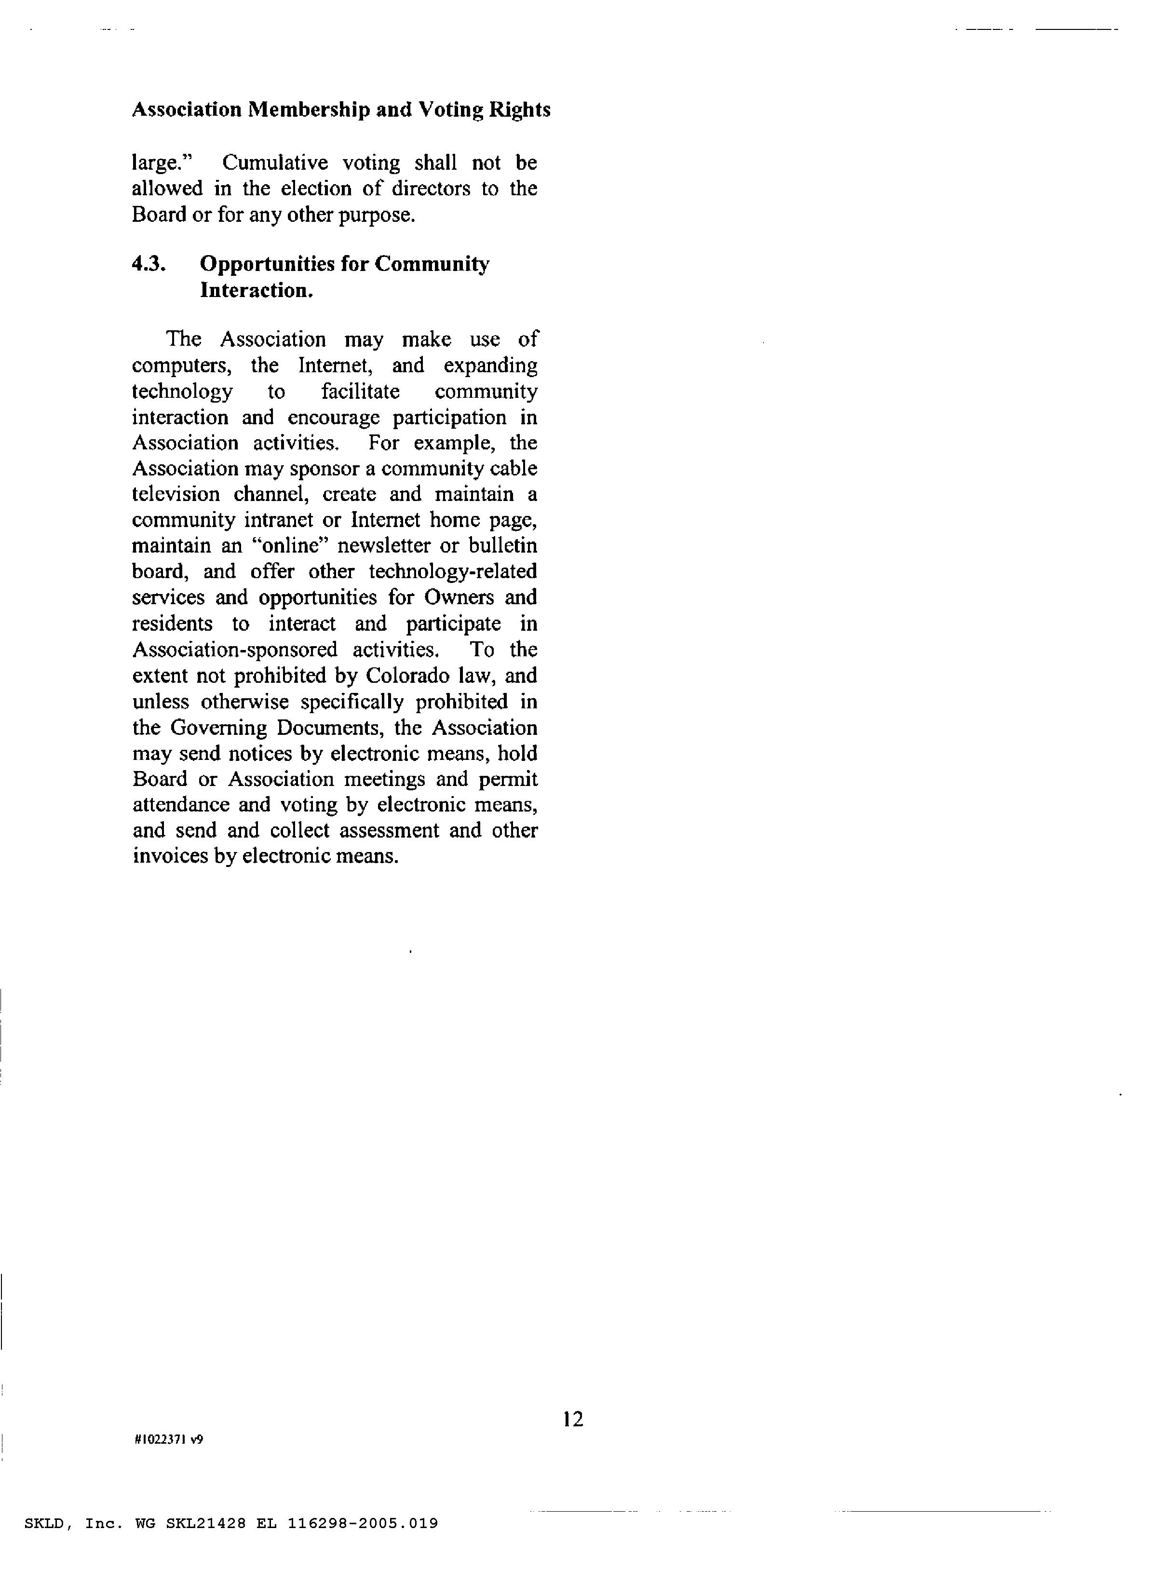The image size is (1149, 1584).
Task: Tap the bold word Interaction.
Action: click(x=256, y=290)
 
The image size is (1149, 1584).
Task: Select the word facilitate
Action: click(x=360, y=391)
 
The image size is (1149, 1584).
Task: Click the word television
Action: click(x=176, y=494)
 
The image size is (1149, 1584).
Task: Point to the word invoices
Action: click(x=170, y=856)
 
